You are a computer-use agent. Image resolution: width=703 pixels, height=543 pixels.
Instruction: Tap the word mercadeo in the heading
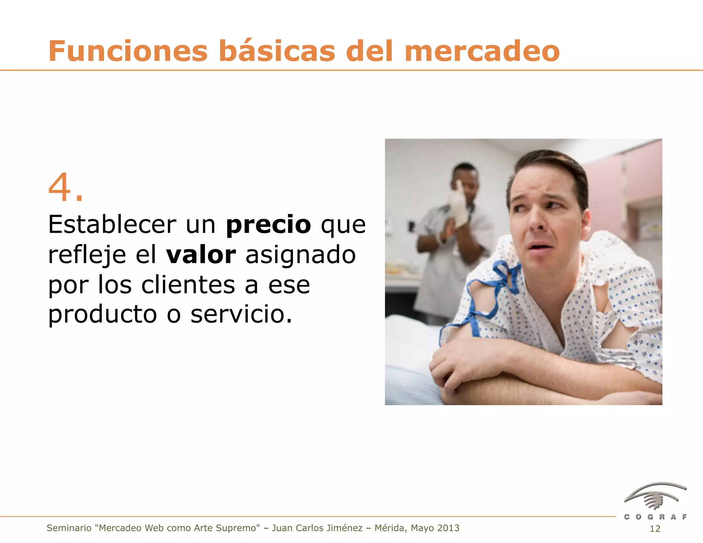[482, 51]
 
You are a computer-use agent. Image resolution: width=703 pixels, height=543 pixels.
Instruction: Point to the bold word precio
[268, 224]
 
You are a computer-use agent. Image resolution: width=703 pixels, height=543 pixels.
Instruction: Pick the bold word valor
[201, 255]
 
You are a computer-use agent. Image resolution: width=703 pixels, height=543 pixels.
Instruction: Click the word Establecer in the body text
[112, 224]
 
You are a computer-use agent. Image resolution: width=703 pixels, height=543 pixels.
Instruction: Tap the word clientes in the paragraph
[188, 285]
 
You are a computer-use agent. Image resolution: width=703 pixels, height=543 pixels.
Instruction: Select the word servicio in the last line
[241, 314]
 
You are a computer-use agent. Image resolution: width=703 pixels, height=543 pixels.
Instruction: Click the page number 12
[655, 529]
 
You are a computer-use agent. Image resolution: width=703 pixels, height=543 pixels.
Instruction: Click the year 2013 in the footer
[448, 528]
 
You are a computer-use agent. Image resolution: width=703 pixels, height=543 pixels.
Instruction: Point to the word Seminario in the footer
[69, 528]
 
